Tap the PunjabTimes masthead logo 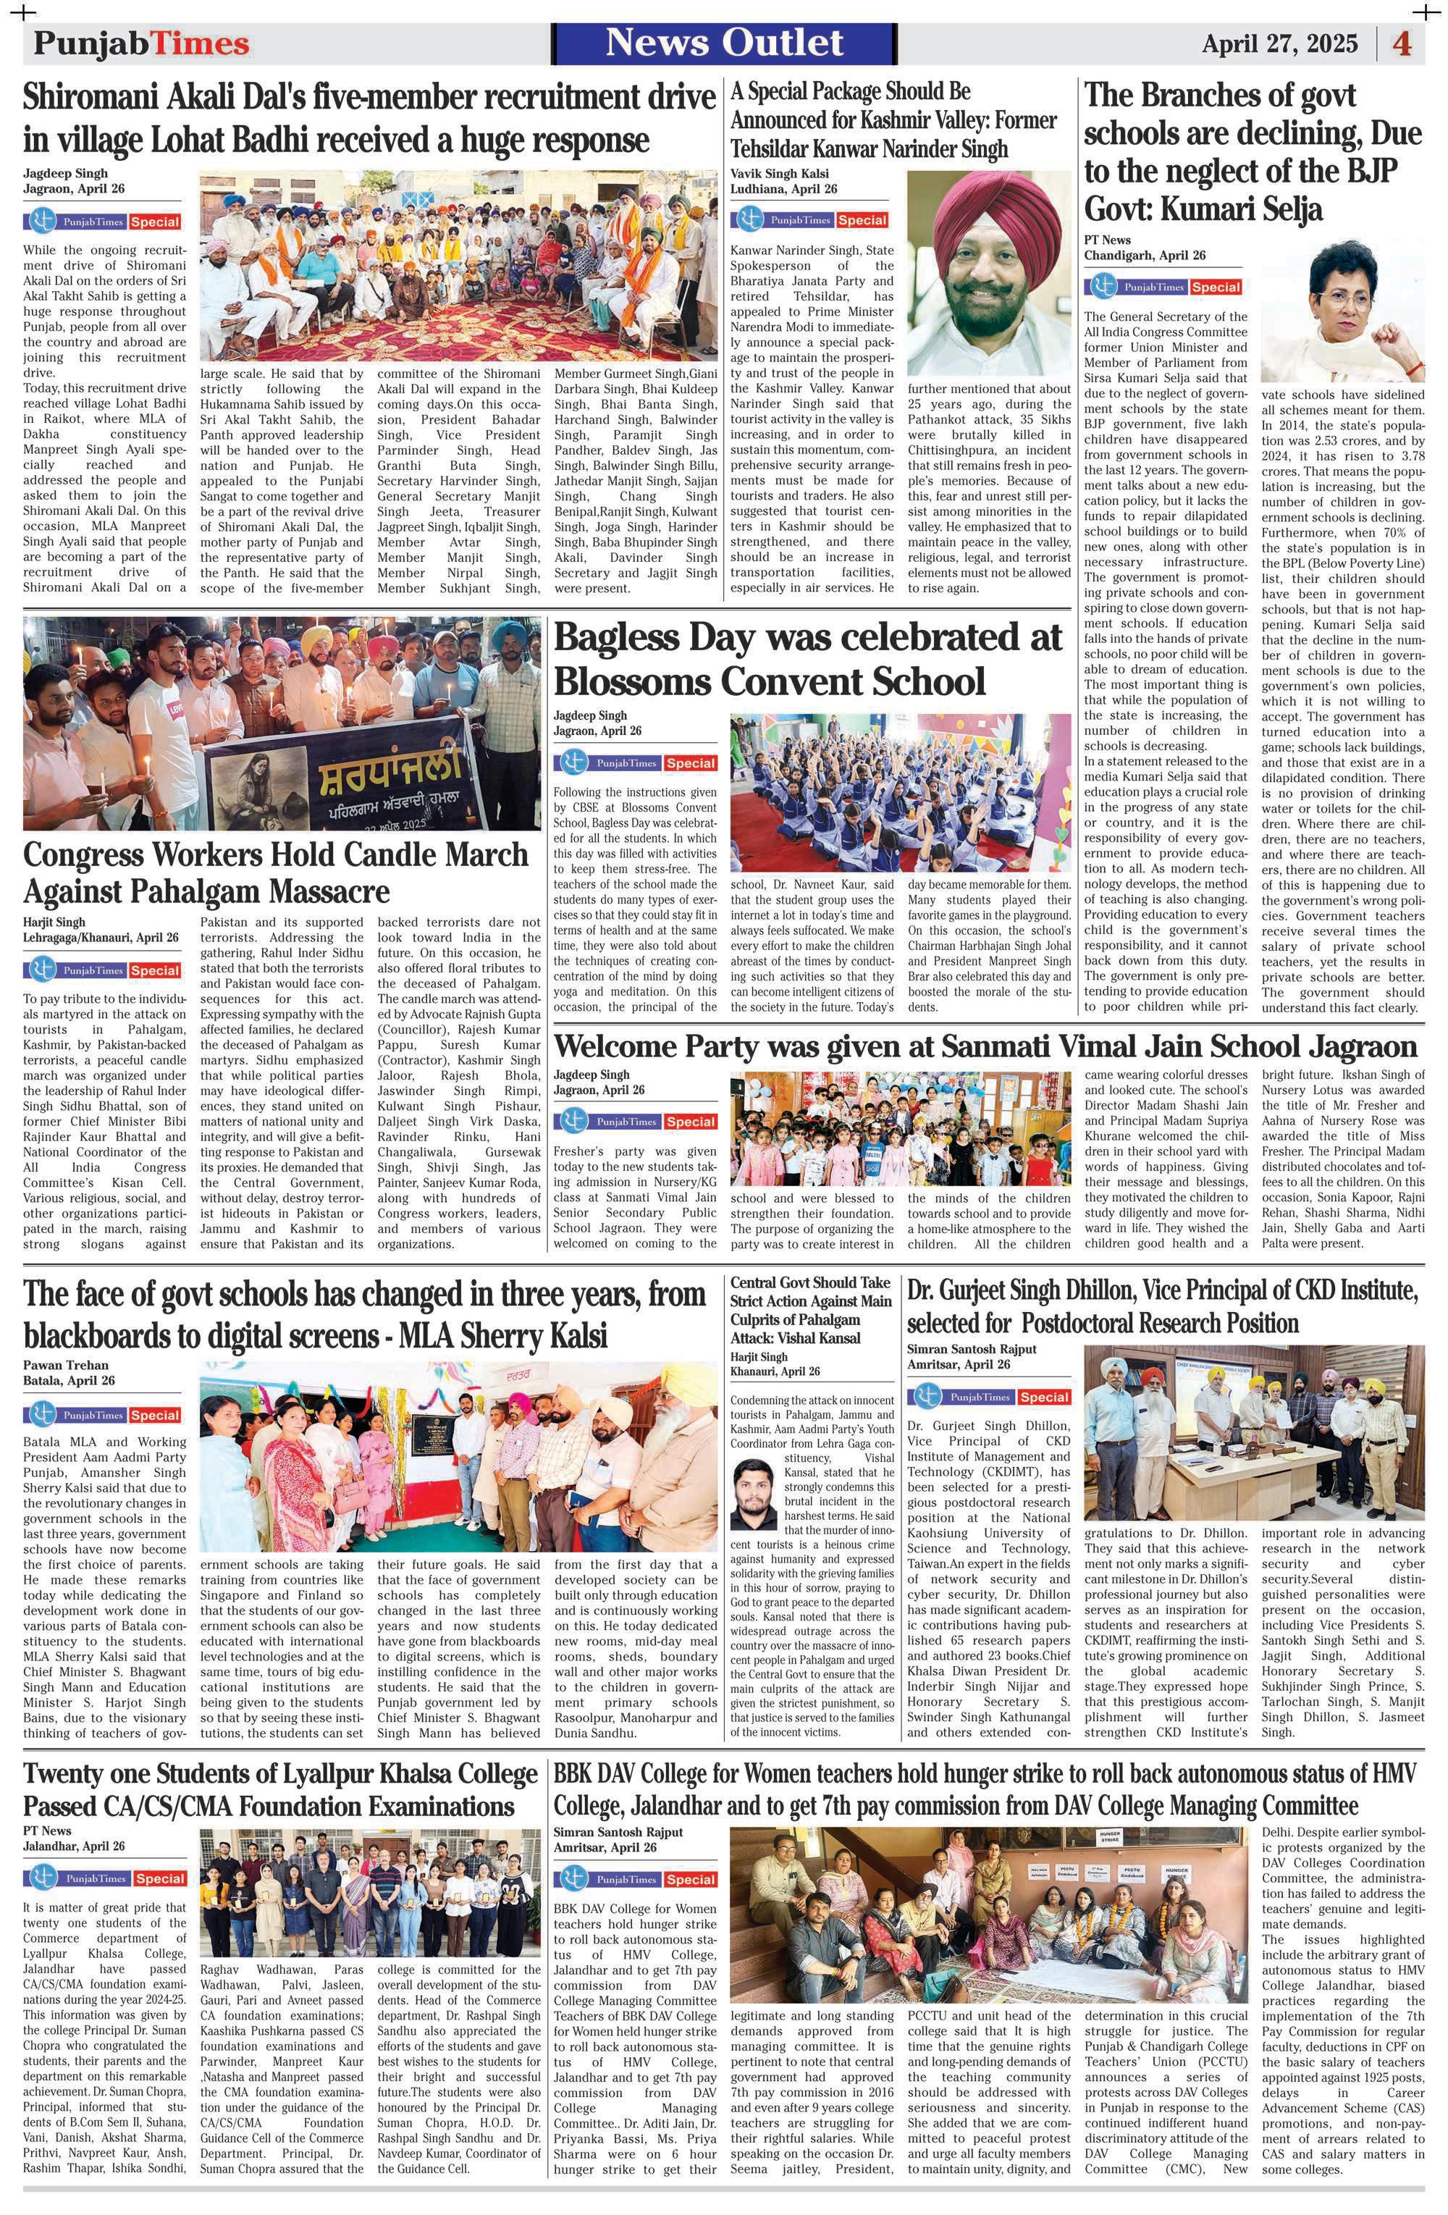pyautogui.click(x=141, y=43)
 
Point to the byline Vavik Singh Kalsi pyautogui.click(x=779, y=173)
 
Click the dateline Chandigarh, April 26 pyautogui.click(x=1144, y=255)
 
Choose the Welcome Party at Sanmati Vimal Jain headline pyautogui.click(x=985, y=1046)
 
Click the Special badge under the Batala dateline pyautogui.click(x=156, y=1415)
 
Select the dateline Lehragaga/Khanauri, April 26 pyautogui.click(x=101, y=937)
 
